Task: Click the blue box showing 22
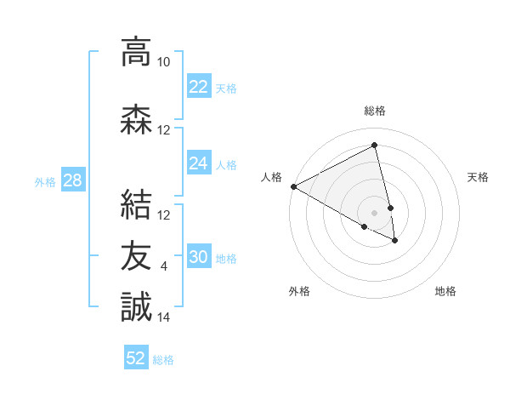[x=198, y=87]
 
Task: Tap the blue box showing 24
[x=198, y=163]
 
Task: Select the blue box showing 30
[x=198, y=257]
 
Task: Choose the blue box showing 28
[x=72, y=180]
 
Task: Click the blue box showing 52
[x=136, y=358]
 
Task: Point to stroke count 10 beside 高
[x=163, y=62]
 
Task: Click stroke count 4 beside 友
[x=164, y=266]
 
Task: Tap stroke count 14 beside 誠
[x=163, y=317]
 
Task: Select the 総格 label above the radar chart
[x=375, y=111]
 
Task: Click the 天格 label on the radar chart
[x=478, y=177]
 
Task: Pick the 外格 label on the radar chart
[x=299, y=291]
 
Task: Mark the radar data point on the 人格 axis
[x=293, y=186]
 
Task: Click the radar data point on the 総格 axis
[x=375, y=146]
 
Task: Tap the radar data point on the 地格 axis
[x=395, y=241]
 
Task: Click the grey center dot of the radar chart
[x=375, y=212]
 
